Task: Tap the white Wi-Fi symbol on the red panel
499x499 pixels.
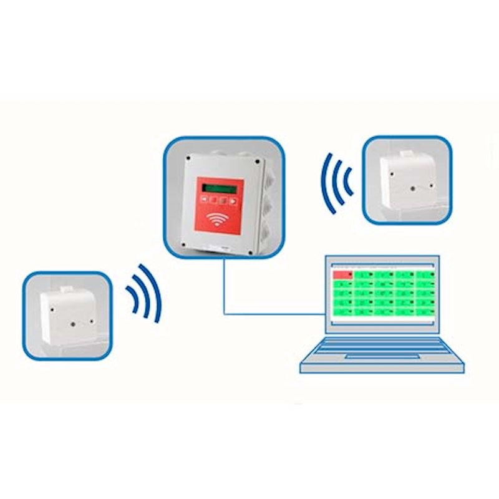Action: click(x=218, y=219)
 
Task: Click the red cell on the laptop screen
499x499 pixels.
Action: click(x=342, y=274)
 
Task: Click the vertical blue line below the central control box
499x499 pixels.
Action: click(x=224, y=287)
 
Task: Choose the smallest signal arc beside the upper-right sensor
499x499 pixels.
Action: click(x=347, y=181)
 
